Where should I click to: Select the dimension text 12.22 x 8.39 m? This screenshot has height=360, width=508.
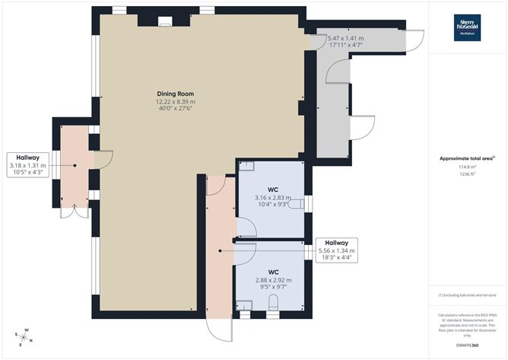[x=176, y=102]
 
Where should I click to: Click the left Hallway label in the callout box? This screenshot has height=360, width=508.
[x=27, y=158]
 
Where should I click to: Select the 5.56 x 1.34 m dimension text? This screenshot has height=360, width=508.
[x=335, y=251]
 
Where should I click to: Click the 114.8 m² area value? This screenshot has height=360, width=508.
[x=468, y=167]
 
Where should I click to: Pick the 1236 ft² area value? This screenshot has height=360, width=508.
[x=468, y=174]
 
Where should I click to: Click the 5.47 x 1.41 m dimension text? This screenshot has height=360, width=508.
[x=345, y=38]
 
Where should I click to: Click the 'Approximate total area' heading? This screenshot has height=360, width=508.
[x=466, y=158]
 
